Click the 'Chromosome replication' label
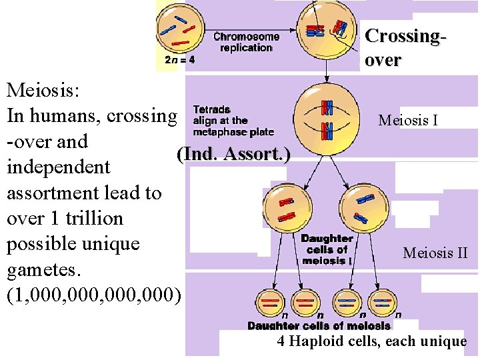click(247, 43)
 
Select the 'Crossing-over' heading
click(404, 47)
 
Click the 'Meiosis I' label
click(408, 121)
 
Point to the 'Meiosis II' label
click(435, 253)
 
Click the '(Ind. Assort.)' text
click(233, 155)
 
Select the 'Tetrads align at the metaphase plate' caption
click(233, 121)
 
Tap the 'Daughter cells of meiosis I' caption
click(327, 249)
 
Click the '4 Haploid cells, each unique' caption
click(372, 342)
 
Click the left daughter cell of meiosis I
click(287, 208)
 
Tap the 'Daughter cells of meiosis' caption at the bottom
click(319, 326)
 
